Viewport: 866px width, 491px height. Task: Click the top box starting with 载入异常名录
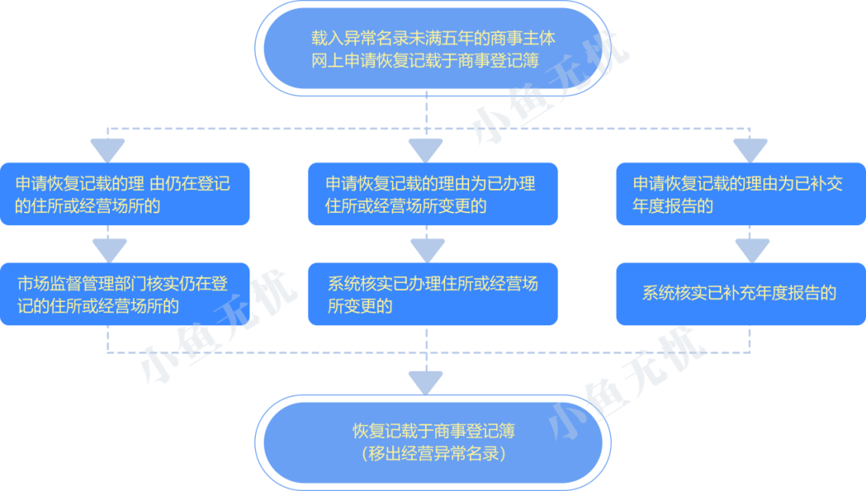click(433, 49)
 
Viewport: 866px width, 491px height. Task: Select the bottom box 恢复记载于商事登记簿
click(433, 442)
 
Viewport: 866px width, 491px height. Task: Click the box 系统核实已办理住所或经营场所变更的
click(433, 294)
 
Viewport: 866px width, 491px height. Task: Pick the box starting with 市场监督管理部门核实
click(124, 294)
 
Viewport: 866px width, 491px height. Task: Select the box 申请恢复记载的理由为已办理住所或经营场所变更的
click(433, 195)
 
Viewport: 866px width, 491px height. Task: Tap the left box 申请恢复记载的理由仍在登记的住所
click(124, 195)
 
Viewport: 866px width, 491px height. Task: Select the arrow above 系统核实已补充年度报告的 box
click(751, 249)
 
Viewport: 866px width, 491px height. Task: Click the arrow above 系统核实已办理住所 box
click(426, 248)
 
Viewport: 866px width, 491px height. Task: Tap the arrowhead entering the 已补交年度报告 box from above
click(751, 149)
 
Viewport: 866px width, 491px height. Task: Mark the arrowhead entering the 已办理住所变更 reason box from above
click(426, 149)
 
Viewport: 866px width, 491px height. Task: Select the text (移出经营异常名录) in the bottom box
click(433, 454)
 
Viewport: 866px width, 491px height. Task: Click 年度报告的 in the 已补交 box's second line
click(673, 206)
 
